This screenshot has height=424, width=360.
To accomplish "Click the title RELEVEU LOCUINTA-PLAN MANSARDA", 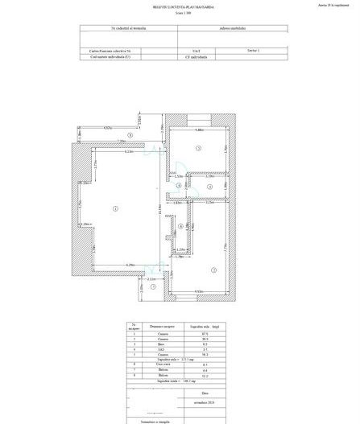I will click(178, 7).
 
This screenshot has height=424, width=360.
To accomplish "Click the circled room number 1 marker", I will click(116, 208).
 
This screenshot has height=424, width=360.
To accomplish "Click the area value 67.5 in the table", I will click(195, 333).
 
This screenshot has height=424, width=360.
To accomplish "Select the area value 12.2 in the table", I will click(196, 376).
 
